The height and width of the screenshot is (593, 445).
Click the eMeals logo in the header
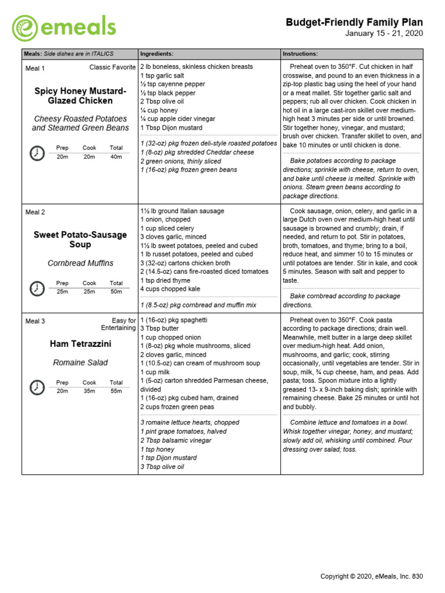[64, 27]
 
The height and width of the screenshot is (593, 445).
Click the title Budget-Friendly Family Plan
[354, 23]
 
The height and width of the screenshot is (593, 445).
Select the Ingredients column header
[156, 54]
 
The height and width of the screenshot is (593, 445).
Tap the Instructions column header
[300, 54]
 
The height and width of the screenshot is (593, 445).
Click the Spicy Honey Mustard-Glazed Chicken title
[80, 96]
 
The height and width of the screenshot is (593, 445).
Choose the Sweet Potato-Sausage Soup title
[80, 239]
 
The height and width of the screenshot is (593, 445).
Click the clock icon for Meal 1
[36, 153]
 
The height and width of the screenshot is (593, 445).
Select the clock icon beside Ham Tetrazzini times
[36, 387]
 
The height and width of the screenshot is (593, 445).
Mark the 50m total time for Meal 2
[116, 291]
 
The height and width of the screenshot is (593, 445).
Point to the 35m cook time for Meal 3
[89, 391]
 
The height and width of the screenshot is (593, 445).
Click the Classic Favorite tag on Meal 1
[112, 68]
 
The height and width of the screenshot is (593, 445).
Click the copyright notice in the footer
[372, 576]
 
